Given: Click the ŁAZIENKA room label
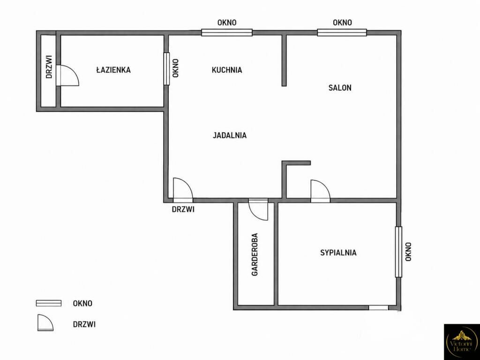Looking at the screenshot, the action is (113, 70).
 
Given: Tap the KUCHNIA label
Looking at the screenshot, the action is (227, 70).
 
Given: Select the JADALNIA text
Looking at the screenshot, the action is (230, 135).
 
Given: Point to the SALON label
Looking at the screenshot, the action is (340, 88).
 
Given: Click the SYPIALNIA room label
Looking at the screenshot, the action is (338, 253).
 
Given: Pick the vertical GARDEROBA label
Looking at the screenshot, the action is (255, 255).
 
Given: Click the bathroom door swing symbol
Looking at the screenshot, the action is (67, 75).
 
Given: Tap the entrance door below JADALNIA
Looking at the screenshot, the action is (183, 190).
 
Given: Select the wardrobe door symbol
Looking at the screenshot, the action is (258, 210).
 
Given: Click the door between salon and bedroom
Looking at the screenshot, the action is (320, 191).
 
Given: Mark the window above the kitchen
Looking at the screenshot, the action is (227, 32).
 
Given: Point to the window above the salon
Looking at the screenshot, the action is (342, 32).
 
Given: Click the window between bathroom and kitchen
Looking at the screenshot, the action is (166, 68).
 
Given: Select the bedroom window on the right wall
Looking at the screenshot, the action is (398, 252).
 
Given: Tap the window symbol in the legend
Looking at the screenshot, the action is (49, 303).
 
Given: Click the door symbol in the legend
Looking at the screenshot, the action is (45, 323).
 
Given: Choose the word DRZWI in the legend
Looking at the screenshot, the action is (84, 324).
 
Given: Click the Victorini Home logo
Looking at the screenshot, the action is (462, 342).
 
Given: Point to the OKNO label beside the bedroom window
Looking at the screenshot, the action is (408, 252).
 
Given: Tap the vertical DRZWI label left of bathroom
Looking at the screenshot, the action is (49, 67).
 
